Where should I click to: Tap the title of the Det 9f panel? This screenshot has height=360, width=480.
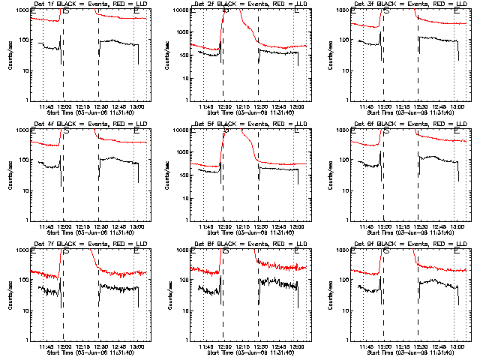pos(408,244)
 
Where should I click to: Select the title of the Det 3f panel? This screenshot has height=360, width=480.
pos(408,4)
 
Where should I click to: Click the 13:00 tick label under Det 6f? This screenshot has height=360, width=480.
pos(457,226)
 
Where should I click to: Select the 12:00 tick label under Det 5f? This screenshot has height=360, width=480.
pos(224,226)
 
